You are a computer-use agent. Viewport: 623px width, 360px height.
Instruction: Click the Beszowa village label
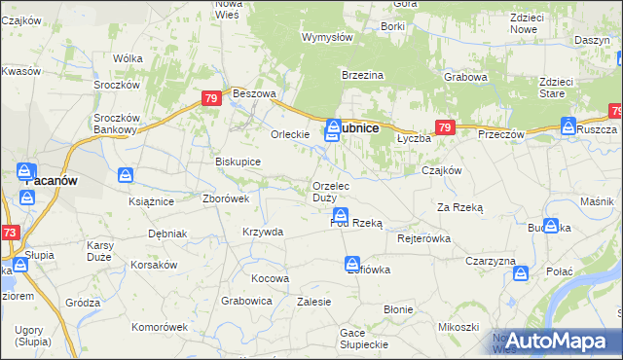pos(256,94)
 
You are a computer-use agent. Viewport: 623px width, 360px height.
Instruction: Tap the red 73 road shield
pos(10,233)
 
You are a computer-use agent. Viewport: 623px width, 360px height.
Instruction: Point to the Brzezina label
pos(363,75)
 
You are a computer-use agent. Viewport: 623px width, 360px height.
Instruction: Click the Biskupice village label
pos(238,162)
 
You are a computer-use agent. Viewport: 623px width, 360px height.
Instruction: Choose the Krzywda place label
pos(263,232)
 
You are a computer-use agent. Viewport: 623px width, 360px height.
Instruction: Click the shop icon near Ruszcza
pos(568,125)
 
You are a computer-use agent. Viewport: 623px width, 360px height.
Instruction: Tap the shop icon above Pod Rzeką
pos(340,214)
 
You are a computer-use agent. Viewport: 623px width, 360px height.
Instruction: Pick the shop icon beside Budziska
pos(552,226)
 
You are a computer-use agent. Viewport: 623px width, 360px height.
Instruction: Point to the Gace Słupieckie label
pos(365,339)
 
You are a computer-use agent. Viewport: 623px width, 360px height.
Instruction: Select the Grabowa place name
pos(465,76)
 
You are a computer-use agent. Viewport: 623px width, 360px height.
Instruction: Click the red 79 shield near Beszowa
pos(211,98)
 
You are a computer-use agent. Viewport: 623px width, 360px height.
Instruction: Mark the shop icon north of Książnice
pos(126,175)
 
